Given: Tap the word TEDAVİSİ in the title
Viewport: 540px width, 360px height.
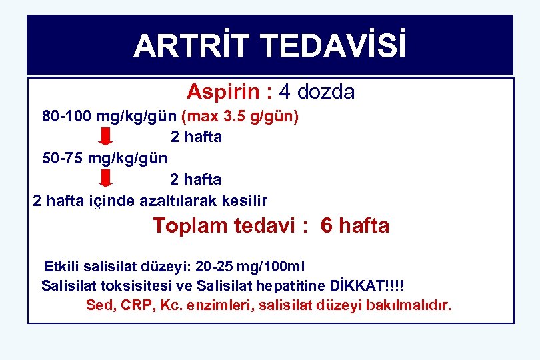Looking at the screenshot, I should (333, 46).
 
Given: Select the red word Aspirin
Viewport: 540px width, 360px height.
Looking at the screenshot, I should (220, 91).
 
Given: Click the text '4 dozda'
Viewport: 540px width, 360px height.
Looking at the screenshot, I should (317, 91).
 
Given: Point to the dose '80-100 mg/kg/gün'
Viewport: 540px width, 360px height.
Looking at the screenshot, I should (109, 117).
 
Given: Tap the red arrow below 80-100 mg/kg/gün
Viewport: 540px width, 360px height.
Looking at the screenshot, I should (105, 138).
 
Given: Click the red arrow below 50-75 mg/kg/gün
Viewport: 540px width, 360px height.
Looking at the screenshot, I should (105, 179).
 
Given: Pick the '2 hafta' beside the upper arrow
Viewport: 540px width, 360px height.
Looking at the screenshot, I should (196, 138).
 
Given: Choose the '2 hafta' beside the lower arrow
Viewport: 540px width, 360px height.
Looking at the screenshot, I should (196, 179).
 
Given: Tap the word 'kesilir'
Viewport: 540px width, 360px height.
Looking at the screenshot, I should (246, 200).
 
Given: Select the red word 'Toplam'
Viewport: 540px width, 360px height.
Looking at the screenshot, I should (191, 226).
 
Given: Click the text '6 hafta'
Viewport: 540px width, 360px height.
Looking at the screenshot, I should (355, 226).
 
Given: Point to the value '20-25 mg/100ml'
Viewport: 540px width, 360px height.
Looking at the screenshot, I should (250, 267).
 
